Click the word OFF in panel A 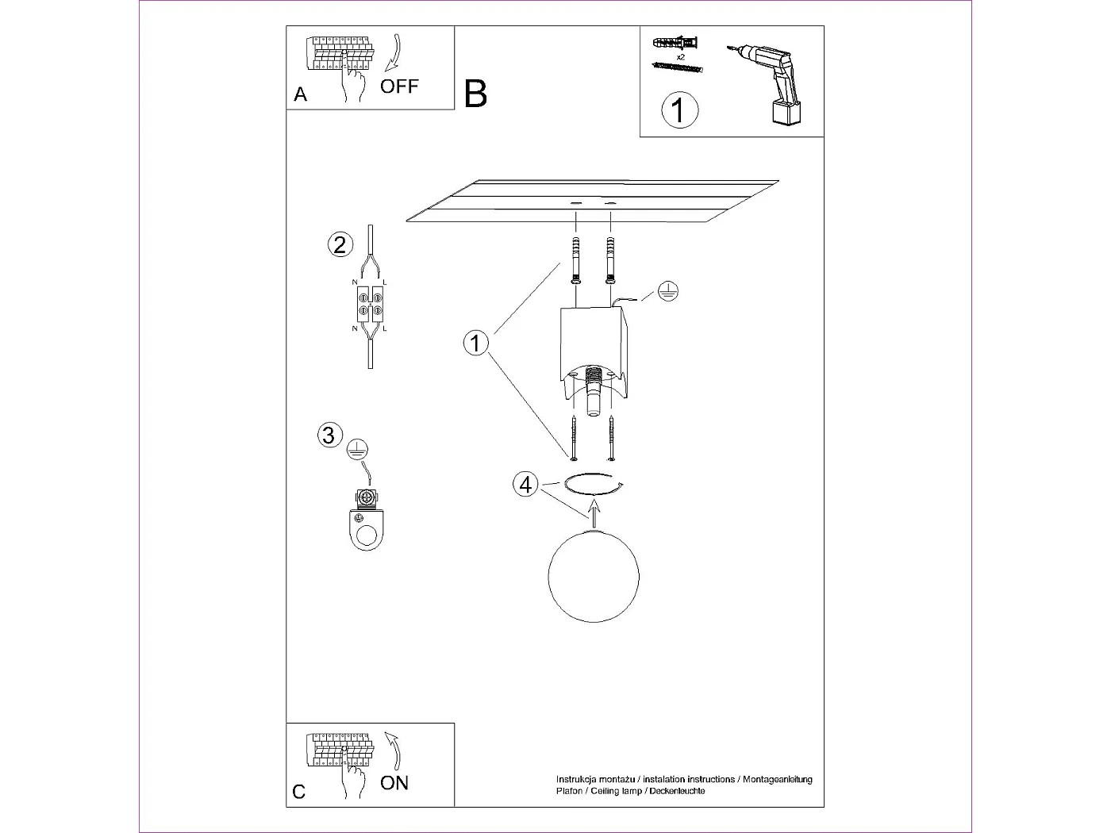coord(398,86)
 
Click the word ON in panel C coord(394,783)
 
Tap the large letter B coord(475,94)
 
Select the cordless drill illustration coord(769,83)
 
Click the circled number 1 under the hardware coord(679,110)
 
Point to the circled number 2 coord(340,244)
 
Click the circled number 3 coord(330,435)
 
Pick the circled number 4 coord(525,484)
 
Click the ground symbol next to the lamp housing coord(669,292)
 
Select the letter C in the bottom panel coord(299,792)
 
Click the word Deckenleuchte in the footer coord(677,791)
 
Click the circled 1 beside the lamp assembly coord(476,344)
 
